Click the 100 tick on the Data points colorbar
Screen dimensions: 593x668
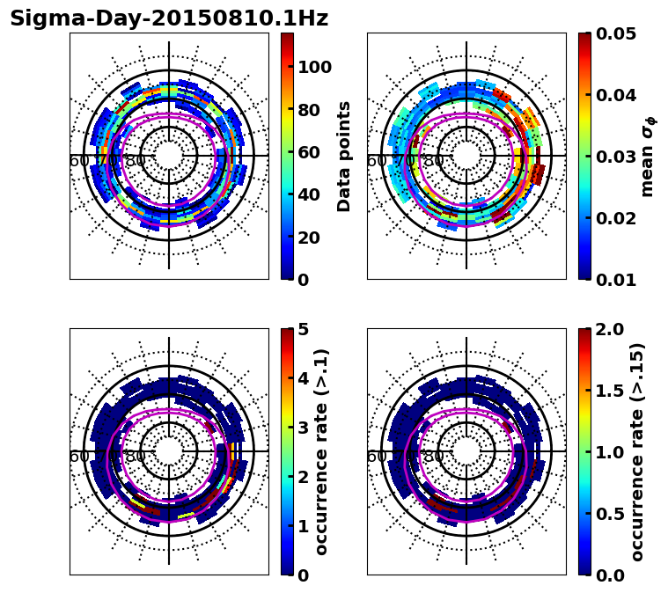click(313, 67)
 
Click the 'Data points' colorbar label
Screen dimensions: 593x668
click(344, 157)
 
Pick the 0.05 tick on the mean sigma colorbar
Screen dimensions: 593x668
click(616, 34)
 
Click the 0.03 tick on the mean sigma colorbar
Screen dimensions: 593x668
click(616, 157)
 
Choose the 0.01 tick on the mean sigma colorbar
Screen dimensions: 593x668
click(616, 279)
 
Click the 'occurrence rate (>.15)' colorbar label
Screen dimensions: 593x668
click(637, 451)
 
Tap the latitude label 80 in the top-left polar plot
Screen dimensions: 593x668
click(136, 161)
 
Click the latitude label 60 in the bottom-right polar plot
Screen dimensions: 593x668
click(376, 457)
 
